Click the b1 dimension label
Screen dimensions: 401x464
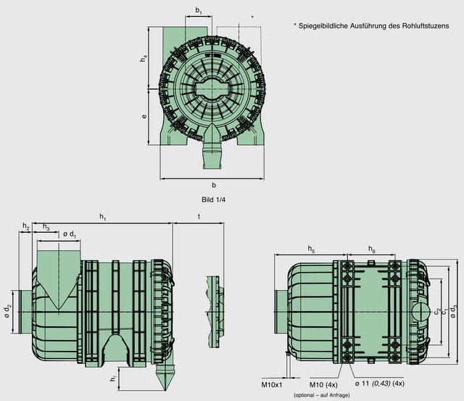199,11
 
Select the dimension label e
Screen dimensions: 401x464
144,116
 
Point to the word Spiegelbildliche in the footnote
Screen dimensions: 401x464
327,25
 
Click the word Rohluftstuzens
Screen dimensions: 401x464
421,25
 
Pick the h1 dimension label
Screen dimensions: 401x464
103,216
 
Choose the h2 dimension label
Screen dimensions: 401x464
26,227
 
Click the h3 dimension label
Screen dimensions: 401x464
46,227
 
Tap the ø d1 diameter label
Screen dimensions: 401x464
70,234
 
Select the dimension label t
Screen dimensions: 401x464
198,216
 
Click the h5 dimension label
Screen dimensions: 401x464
311,249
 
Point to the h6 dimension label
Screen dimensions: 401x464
371,249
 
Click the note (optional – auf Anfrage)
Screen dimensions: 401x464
322,395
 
